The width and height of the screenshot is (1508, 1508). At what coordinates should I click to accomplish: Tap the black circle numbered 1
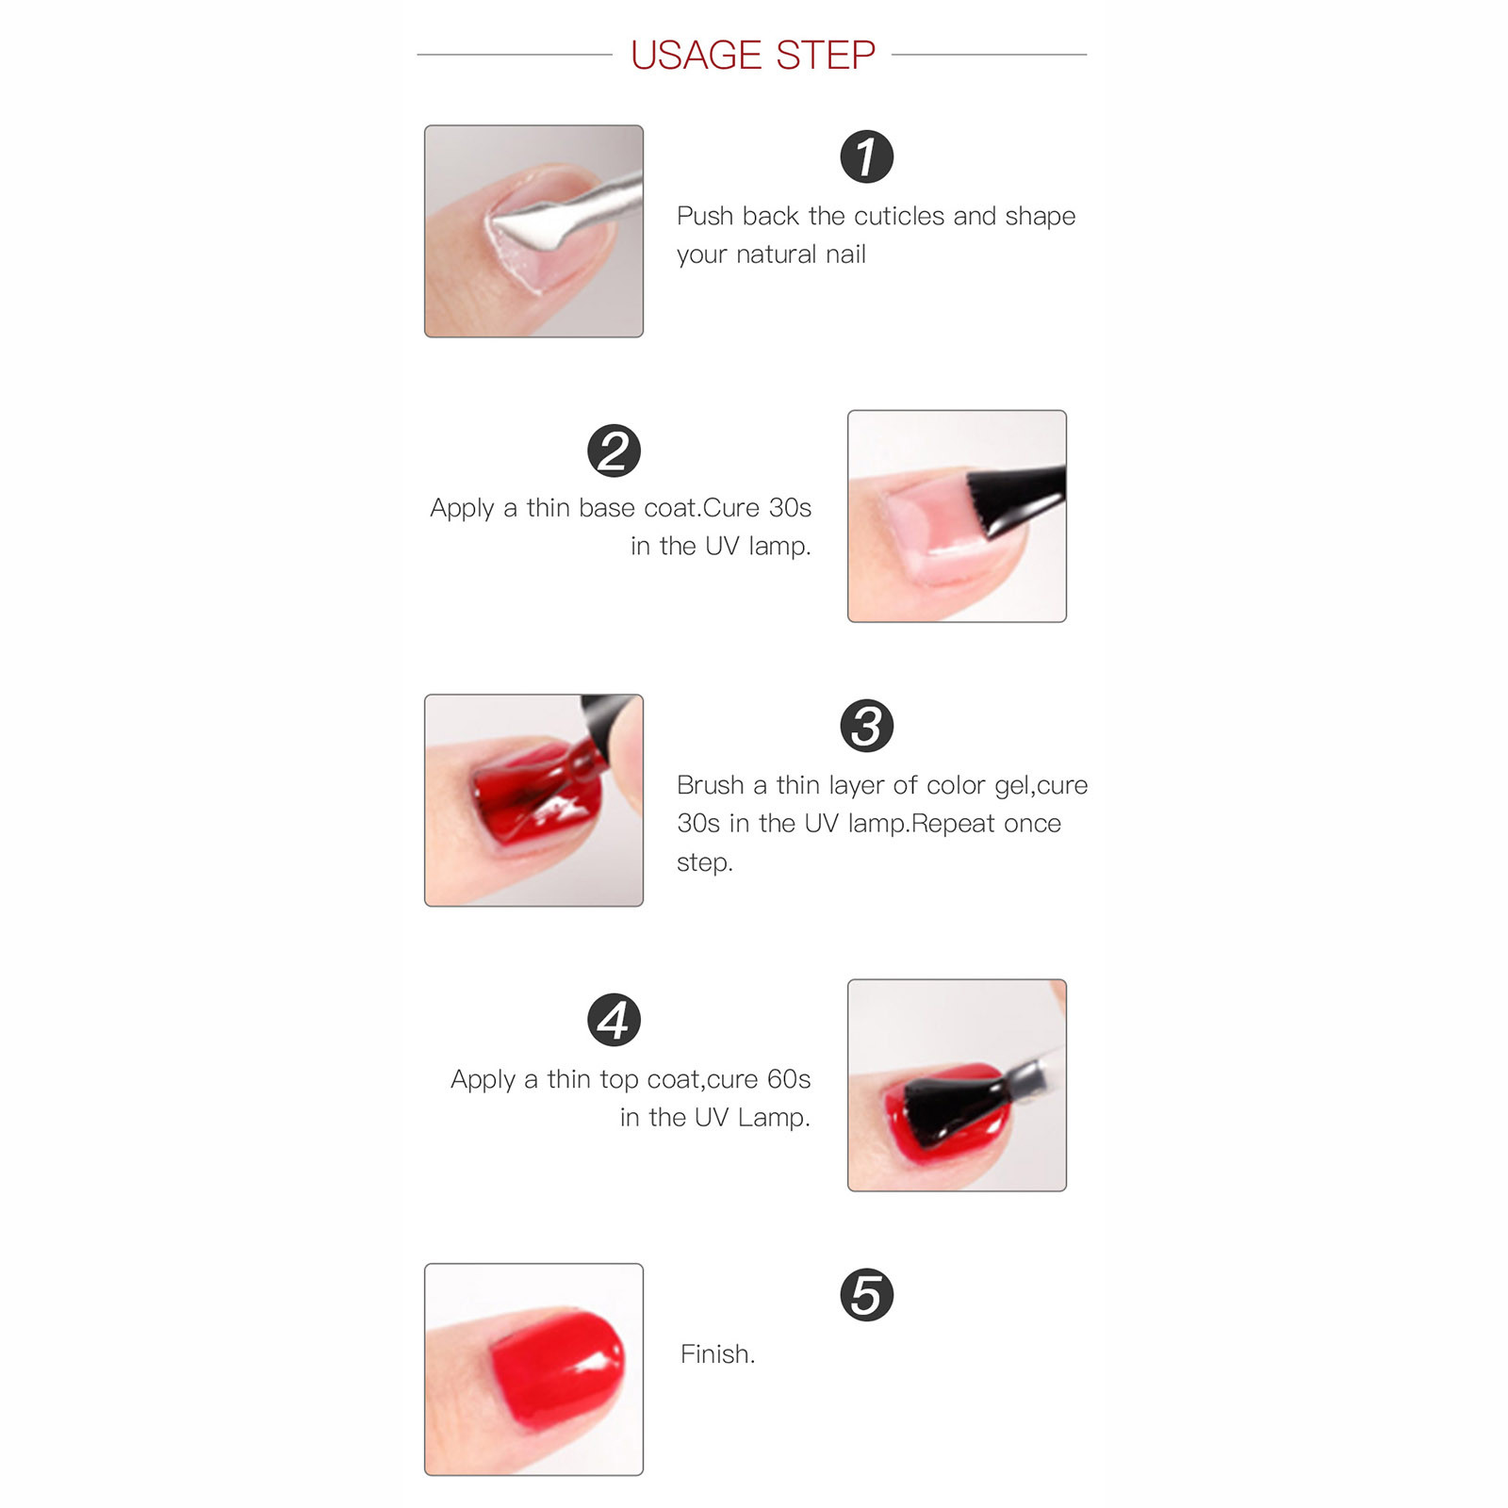point(866,156)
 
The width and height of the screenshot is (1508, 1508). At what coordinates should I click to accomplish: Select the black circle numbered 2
point(614,451)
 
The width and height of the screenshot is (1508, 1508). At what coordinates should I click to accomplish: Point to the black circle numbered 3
point(866,726)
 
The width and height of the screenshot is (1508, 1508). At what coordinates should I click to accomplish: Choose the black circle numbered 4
point(614,1020)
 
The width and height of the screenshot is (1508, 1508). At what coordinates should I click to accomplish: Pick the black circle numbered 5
point(866,1295)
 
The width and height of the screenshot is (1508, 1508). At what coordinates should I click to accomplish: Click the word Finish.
point(717,1354)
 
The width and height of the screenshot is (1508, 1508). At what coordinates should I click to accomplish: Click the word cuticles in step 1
point(899,216)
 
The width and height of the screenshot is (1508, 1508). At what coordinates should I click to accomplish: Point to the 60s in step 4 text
point(789,1079)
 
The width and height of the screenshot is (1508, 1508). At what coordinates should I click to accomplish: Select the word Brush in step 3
point(711,785)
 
